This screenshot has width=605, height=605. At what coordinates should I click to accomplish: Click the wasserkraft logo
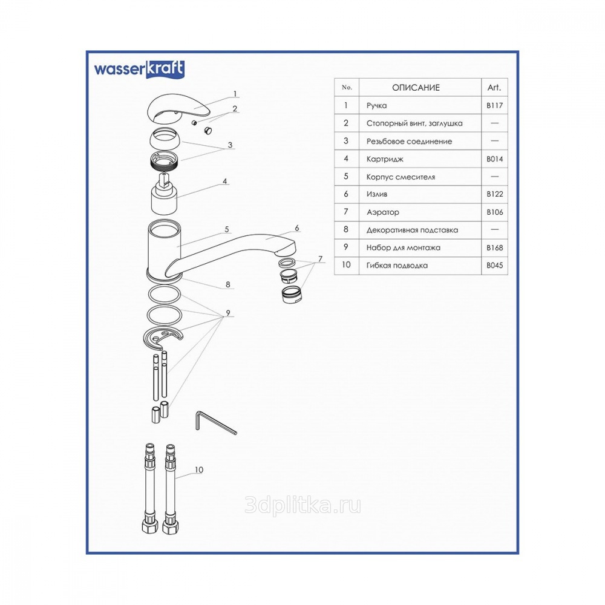(x=139, y=69)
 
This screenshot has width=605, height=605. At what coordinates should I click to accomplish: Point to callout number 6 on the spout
(x=297, y=228)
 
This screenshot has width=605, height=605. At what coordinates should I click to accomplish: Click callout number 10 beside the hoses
(x=199, y=469)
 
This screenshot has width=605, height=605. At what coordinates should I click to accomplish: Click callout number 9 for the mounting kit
(x=227, y=313)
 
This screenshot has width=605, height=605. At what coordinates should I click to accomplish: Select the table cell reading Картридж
(x=385, y=159)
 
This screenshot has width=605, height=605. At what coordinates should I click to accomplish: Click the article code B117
(x=494, y=106)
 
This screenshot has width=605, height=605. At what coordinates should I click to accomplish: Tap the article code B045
(x=494, y=265)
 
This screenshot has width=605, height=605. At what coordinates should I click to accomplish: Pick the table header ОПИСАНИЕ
(x=416, y=88)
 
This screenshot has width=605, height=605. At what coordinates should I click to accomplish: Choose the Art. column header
(x=494, y=88)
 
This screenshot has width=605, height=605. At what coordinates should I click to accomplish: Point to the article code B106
(x=494, y=212)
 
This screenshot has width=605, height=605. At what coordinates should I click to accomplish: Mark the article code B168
(x=494, y=247)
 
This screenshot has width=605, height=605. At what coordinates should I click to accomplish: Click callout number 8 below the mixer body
(x=227, y=284)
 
